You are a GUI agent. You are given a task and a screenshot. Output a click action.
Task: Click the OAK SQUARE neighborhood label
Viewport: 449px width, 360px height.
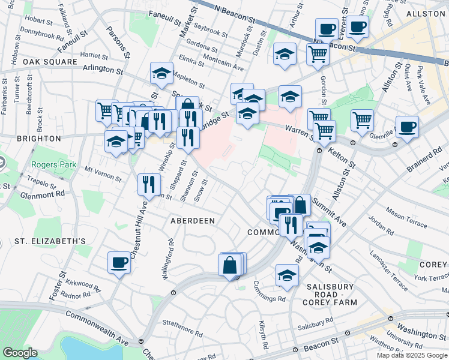click(50, 62)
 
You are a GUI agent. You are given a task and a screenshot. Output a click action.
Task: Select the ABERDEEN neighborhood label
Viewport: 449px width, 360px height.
click(193, 221)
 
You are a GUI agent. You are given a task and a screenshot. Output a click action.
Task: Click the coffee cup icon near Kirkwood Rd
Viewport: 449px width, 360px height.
click(119, 262)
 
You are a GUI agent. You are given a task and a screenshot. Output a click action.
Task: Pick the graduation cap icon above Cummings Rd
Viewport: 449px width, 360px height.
click(288, 275)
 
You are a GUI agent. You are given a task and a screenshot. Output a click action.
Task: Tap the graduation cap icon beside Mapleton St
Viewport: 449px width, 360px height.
click(161, 73)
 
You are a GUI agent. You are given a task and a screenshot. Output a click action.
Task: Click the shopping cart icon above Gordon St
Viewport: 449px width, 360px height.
click(318, 54)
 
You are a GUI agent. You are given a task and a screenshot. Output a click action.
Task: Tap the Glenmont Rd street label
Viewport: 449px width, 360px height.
click(41, 193)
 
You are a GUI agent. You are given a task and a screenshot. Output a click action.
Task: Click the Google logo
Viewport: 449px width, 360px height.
click(20, 353)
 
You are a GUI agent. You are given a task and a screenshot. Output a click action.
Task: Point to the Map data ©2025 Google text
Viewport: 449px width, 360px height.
click(412, 355)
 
